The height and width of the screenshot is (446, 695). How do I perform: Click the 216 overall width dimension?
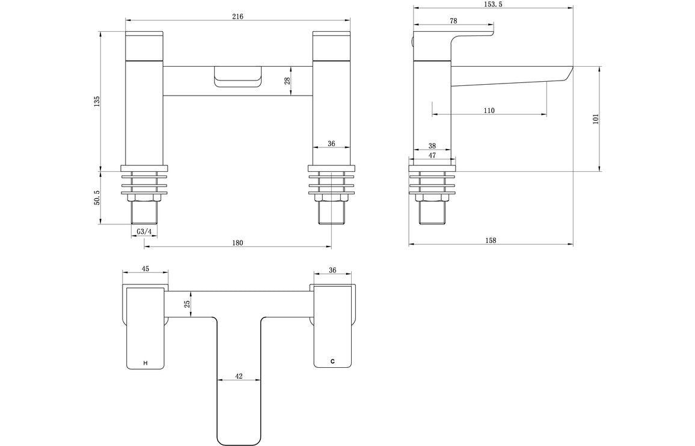click(237, 16)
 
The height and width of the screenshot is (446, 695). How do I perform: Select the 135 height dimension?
click(97, 102)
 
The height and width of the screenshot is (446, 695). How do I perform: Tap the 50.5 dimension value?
click(97, 198)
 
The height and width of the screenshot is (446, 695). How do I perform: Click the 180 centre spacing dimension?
click(237, 243)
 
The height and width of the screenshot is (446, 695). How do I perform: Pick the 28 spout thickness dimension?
click(287, 81)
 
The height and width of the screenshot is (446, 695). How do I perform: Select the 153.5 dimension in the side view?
click(492, 4)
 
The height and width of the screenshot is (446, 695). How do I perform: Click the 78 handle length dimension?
click(453, 20)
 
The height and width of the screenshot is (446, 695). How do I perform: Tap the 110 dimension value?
click(489, 110)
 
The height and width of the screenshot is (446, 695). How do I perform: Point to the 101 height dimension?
click(596, 119)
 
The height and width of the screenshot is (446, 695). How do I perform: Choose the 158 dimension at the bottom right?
click(491, 240)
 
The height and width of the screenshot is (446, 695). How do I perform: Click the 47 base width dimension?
click(432, 155)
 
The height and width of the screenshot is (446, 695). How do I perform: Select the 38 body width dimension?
click(432, 145)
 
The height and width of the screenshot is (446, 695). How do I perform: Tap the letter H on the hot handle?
click(145, 363)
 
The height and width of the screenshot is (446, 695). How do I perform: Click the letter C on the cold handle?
click(332, 361)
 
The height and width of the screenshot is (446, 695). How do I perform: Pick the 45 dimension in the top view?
click(145, 269)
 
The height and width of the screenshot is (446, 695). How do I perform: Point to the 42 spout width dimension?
click(239, 376)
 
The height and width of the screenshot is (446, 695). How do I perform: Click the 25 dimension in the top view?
click(187, 305)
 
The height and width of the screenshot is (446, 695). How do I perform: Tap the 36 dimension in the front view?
click(331, 144)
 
